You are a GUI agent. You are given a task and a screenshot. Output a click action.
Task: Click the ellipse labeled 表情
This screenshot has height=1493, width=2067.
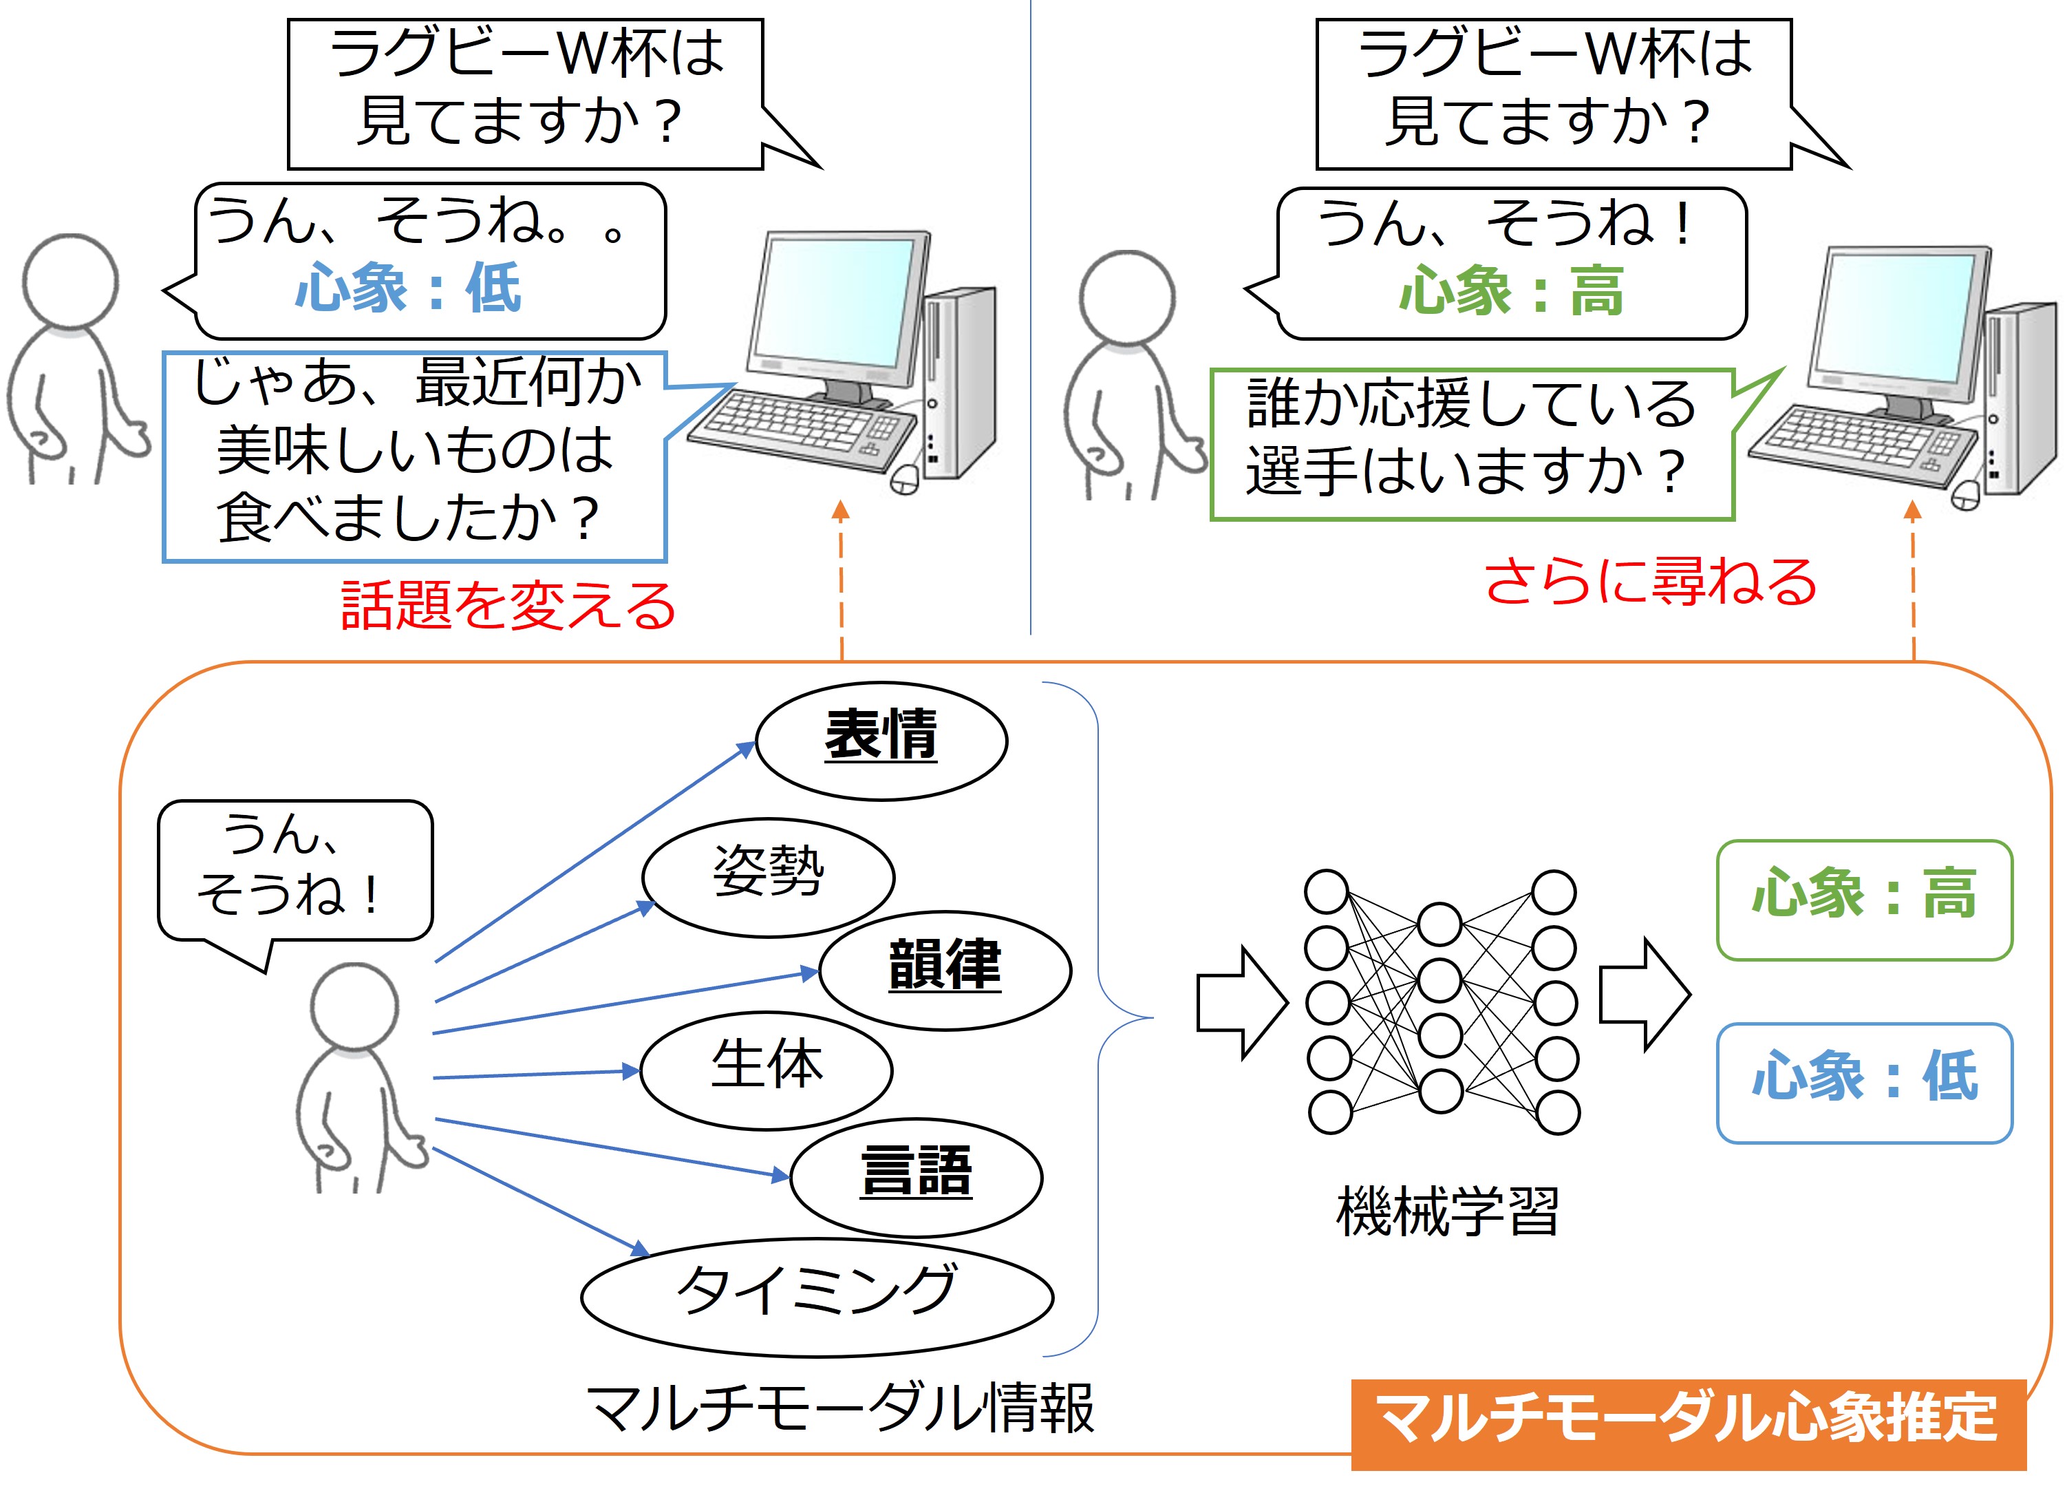[881, 740]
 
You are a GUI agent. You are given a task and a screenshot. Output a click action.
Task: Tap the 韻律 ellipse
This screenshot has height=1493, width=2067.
[945, 970]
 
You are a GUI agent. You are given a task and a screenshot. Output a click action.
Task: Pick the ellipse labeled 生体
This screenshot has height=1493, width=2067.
[766, 1070]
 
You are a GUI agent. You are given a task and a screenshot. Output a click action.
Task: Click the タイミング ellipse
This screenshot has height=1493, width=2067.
[817, 1295]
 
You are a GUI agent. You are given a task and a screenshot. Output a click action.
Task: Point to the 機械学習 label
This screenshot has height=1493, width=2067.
[1447, 1212]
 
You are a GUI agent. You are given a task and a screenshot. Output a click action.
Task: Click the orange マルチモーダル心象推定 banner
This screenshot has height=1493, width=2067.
[1688, 1423]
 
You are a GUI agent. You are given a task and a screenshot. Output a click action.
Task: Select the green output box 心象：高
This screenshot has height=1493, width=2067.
[1864, 900]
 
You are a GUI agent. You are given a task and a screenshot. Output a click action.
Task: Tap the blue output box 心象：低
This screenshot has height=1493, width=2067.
[1864, 1082]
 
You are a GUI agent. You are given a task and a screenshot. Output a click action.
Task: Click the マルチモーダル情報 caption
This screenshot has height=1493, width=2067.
[839, 1409]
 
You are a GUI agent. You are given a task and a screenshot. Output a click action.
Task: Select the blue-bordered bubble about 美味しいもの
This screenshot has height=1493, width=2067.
[415, 456]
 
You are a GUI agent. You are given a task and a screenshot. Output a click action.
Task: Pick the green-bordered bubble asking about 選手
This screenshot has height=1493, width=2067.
[1471, 444]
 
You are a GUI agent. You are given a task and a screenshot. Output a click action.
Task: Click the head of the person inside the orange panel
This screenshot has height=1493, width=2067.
[354, 1006]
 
